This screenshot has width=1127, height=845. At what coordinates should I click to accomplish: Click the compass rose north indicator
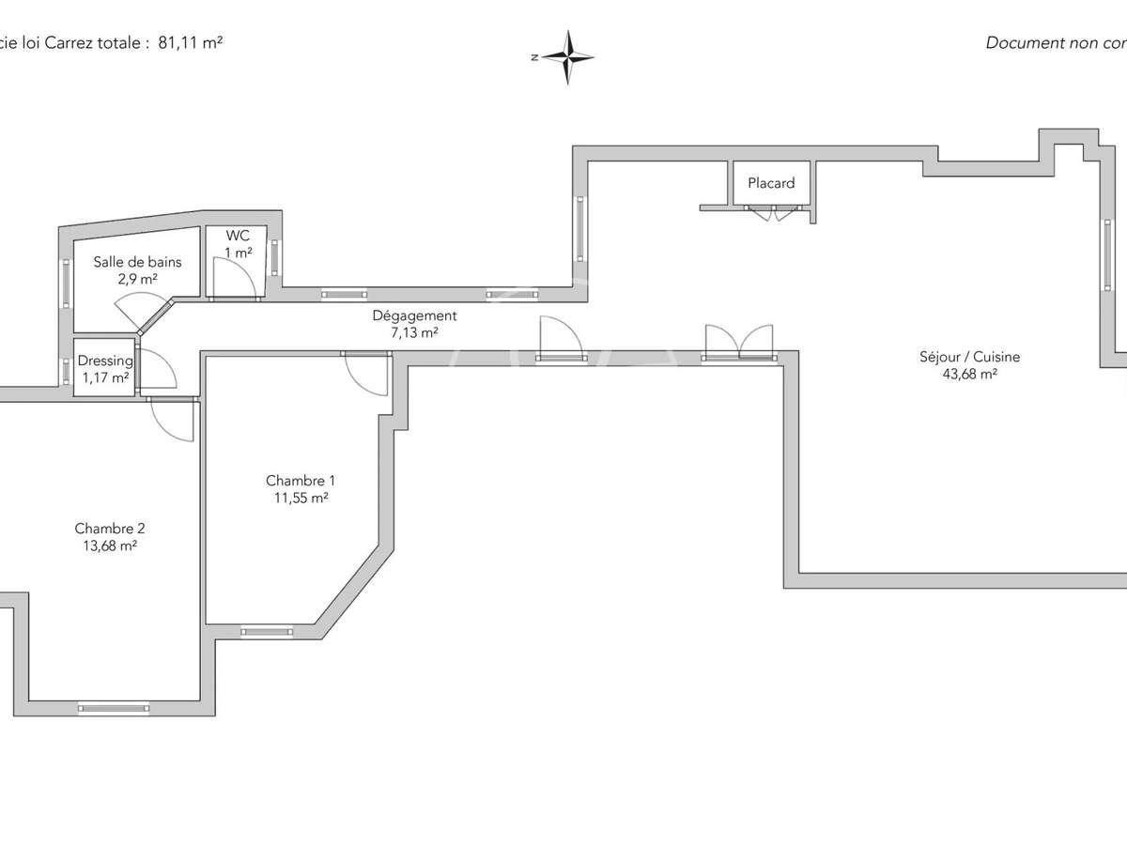point(567,57)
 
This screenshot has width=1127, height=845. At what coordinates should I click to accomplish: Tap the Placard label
point(771,183)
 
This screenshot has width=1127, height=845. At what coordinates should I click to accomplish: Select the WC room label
point(238,237)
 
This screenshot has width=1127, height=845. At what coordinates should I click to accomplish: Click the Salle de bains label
point(137,262)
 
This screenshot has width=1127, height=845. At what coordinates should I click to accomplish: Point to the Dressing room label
point(104,361)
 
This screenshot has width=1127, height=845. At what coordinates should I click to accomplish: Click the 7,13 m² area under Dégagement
point(414,332)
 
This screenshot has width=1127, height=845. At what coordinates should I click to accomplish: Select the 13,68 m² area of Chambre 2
point(110,545)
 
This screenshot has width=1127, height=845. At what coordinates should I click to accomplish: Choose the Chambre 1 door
point(368,374)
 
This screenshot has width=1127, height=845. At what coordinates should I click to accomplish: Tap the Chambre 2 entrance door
point(172,419)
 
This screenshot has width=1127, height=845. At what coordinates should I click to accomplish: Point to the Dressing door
point(156,368)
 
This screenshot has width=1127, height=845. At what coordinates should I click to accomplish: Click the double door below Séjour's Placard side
point(740,341)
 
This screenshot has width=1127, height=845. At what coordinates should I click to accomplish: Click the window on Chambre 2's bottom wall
point(113,709)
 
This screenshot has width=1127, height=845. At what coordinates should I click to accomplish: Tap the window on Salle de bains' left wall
point(66,284)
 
